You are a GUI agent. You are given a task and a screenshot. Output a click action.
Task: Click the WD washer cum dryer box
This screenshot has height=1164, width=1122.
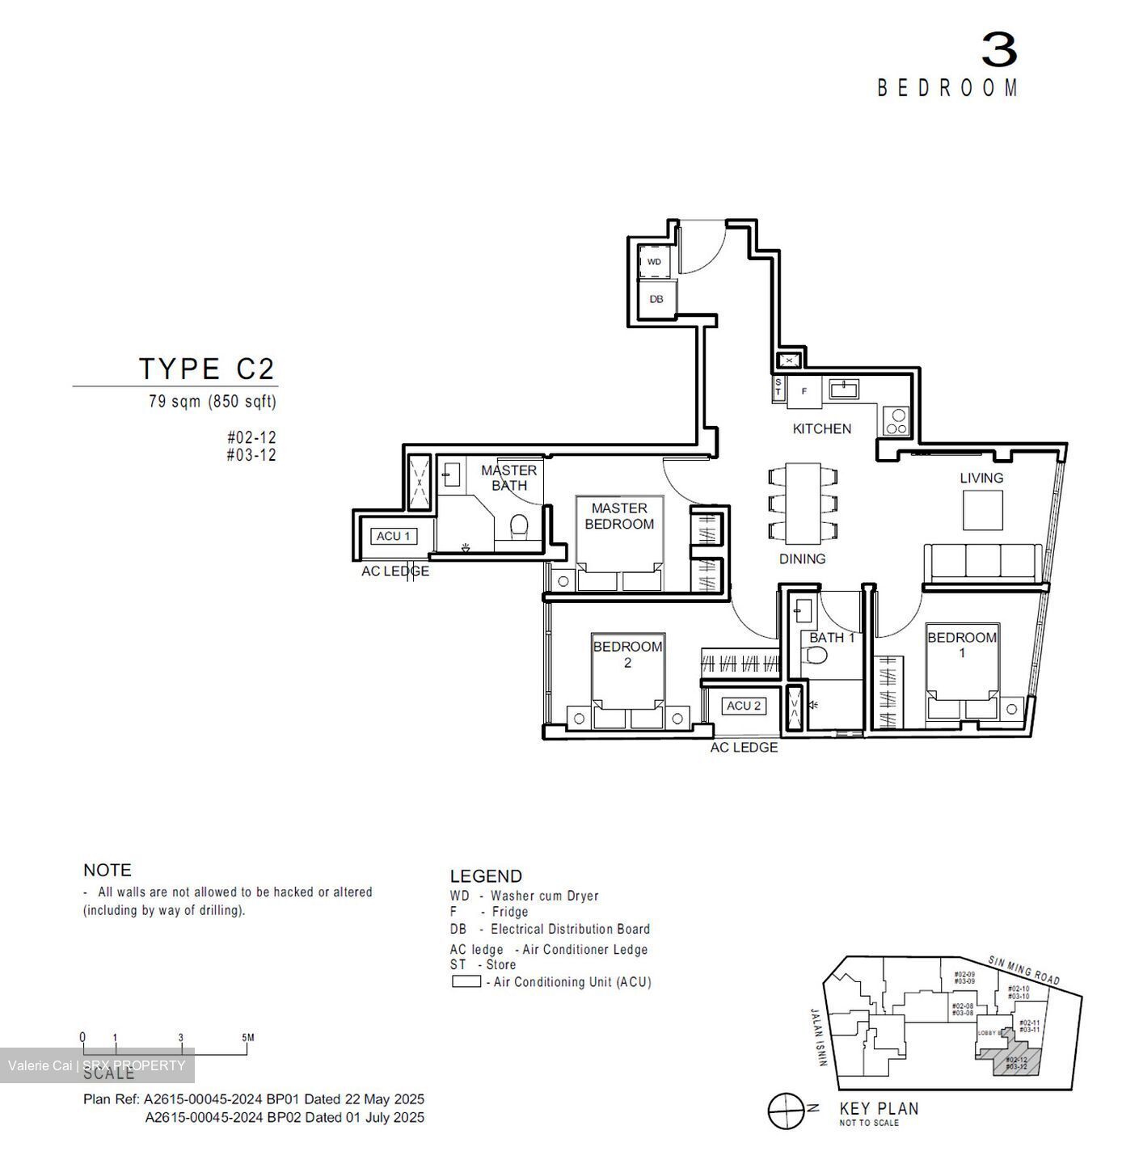click(654, 262)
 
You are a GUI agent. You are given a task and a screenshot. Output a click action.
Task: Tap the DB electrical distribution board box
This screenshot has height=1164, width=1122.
click(656, 299)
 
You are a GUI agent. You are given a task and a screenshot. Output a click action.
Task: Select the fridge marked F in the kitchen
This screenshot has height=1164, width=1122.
click(804, 391)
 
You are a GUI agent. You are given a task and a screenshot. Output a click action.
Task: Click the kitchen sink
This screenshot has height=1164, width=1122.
click(845, 390)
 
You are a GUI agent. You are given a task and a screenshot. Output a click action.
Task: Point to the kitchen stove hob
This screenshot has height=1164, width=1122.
click(896, 420)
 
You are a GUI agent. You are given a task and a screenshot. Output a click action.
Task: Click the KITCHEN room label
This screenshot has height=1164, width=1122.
click(821, 428)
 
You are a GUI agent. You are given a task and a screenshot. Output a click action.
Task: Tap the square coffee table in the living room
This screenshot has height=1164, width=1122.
click(982, 510)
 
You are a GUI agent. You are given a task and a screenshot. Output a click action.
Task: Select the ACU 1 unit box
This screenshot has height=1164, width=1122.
click(394, 536)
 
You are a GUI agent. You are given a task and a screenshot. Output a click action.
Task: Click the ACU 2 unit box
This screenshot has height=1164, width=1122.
click(744, 706)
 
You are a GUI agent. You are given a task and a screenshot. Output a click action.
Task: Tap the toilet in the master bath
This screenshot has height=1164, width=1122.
click(519, 527)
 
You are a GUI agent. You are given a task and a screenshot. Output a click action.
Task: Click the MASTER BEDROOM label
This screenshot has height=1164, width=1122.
click(619, 516)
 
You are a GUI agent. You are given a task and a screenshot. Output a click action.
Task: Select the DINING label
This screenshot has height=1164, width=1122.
click(802, 559)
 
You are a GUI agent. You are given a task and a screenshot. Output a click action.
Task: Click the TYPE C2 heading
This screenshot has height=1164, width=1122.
click(208, 369)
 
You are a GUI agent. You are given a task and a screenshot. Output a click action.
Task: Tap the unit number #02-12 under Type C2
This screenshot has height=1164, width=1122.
click(251, 437)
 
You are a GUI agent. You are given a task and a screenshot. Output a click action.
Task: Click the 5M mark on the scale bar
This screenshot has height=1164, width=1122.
click(247, 1038)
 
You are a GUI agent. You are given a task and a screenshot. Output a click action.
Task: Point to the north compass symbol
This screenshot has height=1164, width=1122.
click(786, 1111)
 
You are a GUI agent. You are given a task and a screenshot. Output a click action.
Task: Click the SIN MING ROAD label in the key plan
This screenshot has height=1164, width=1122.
click(1023, 970)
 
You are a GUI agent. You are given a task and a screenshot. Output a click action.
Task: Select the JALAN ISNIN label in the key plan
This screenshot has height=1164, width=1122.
click(817, 1037)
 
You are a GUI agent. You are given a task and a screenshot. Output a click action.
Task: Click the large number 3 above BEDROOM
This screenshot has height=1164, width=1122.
click(999, 50)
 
